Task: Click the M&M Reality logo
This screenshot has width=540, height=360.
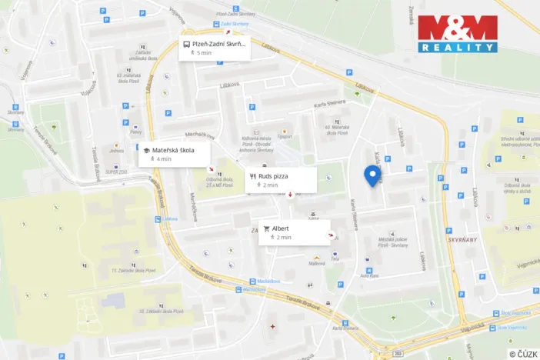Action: click(457, 34)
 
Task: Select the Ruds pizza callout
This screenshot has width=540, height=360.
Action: click(281, 180)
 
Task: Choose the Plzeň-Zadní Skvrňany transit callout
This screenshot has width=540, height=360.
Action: click(215, 48)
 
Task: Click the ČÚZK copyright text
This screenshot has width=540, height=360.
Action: click(522, 353)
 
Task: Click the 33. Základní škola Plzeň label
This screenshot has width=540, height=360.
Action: click(162, 311)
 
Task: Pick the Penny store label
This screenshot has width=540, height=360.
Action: click(135, 132)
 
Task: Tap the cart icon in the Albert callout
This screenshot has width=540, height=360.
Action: click(266, 228)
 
